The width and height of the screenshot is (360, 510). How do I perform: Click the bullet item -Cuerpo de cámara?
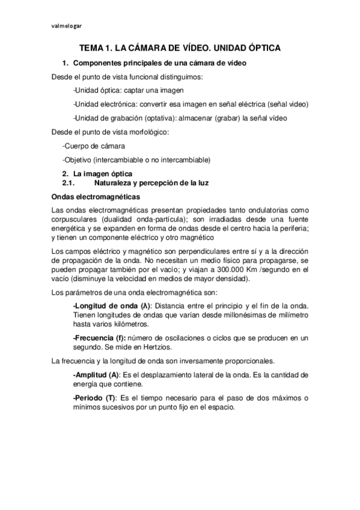pos(93,146)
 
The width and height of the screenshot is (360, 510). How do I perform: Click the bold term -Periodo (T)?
pos(94,398)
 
